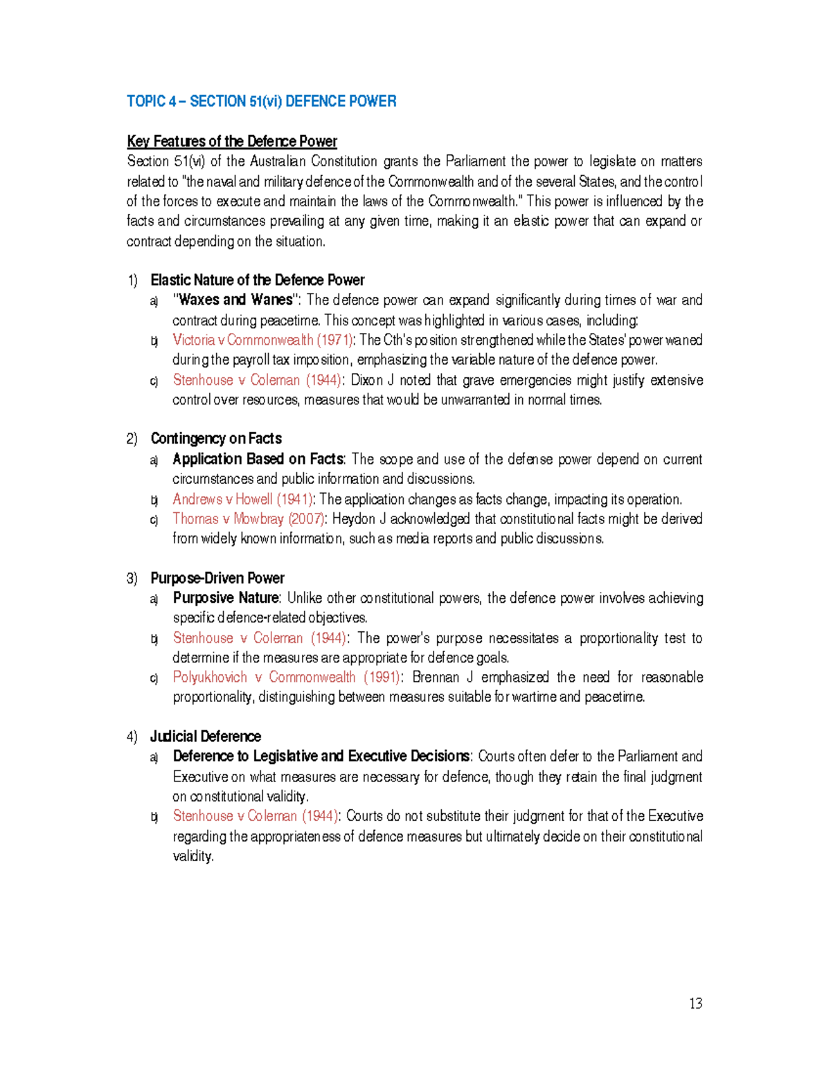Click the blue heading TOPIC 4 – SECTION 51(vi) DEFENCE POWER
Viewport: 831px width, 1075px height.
click(261, 101)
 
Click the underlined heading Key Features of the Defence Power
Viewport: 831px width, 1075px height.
click(231, 141)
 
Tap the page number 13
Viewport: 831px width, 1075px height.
click(695, 1004)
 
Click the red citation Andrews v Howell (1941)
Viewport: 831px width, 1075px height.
click(242, 499)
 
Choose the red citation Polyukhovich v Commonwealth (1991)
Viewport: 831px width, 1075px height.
click(285, 677)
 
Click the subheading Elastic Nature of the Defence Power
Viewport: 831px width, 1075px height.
click(257, 280)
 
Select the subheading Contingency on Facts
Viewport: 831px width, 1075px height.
click(215, 439)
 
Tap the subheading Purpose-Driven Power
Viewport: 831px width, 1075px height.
click(217, 578)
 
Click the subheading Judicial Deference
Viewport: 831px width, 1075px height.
click(205, 737)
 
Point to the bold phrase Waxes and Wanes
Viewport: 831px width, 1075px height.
click(235, 300)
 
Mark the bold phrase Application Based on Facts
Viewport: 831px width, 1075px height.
click(258, 459)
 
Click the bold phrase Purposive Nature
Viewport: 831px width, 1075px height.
click(226, 598)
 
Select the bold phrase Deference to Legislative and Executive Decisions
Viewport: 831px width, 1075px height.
click(321, 756)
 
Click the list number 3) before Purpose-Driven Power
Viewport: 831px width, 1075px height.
click(132, 578)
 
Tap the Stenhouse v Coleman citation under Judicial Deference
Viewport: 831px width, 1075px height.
click(255, 816)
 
